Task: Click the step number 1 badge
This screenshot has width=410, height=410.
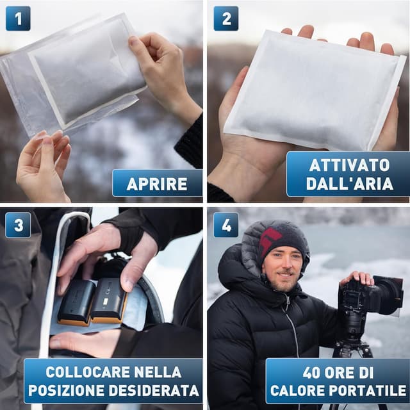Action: tap(17, 18)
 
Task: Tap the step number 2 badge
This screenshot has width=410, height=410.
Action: tap(225, 18)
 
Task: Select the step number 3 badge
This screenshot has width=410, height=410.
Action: tap(17, 225)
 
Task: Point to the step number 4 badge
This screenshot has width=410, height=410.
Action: tap(225, 225)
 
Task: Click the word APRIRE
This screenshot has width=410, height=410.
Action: tap(157, 184)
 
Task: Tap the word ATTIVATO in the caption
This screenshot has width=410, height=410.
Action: tap(349, 165)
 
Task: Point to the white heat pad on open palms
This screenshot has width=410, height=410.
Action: tap(314, 90)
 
